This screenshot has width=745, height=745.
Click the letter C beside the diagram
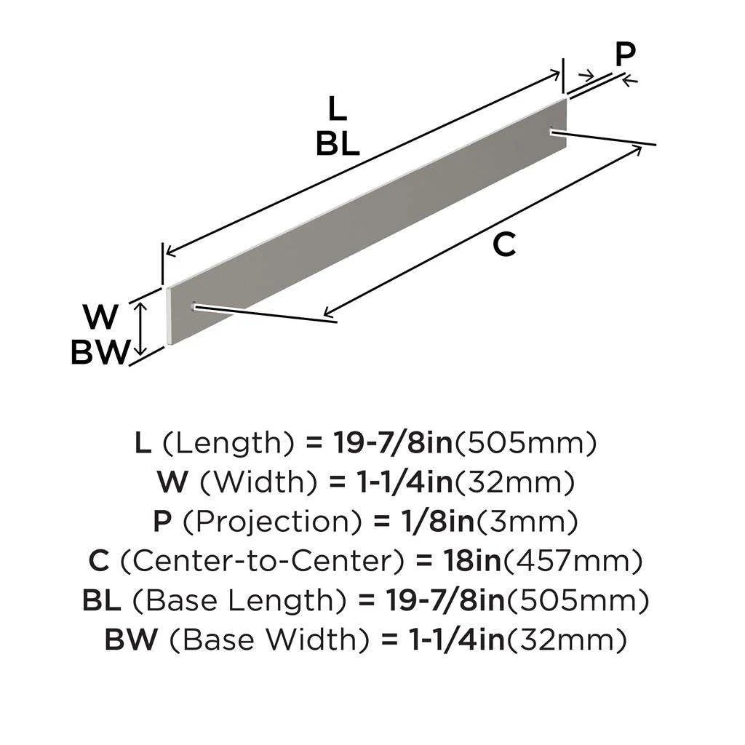tap(503, 245)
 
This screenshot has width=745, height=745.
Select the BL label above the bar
tap(337, 145)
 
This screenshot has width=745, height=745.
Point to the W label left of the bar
tap(100, 318)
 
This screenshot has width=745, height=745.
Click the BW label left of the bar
tap(100, 353)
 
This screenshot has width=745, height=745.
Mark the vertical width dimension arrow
tap(143, 329)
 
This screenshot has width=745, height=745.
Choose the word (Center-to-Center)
tap(266, 562)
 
